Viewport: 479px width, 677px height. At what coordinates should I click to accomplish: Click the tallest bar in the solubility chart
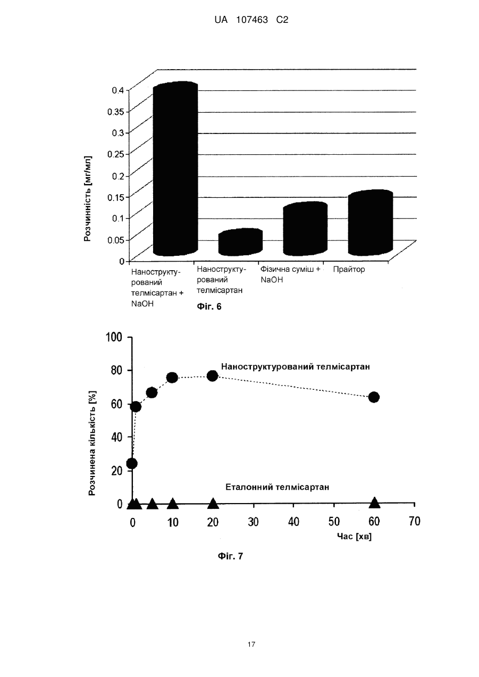175,169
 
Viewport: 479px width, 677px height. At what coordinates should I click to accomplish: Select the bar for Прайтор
371,222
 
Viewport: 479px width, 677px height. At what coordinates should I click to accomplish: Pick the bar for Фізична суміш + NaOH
305,229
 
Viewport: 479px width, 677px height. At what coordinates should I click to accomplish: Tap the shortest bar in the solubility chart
240,242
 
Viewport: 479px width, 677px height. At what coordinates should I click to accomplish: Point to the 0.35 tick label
116,112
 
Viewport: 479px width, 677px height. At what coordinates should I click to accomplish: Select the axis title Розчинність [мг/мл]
87,198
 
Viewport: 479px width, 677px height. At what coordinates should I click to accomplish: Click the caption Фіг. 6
209,307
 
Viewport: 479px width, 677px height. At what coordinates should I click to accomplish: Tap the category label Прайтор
349,269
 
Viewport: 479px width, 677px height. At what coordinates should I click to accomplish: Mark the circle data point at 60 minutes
374,397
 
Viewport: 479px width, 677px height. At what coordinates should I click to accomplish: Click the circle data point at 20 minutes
213,376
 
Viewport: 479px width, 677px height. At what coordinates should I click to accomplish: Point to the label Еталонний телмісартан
278,487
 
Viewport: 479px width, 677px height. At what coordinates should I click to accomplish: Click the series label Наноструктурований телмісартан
296,366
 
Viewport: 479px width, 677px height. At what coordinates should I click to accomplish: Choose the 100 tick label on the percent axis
114,337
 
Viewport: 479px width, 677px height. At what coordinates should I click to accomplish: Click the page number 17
251,645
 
